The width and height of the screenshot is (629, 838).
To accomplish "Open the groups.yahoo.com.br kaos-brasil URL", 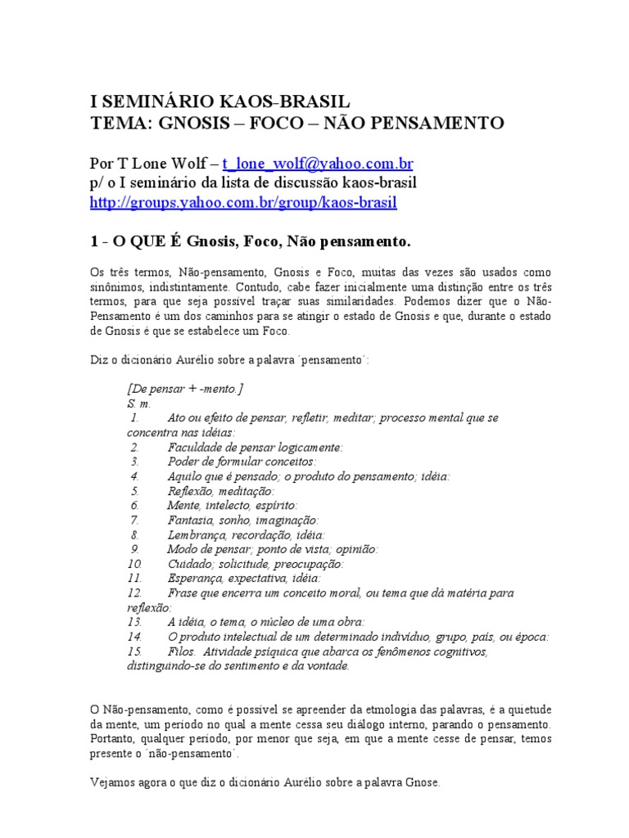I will point(243,202).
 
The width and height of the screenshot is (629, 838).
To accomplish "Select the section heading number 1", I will point(94,243).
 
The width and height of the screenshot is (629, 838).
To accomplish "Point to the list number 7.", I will point(133,520).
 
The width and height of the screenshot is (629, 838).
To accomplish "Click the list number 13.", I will point(134,623).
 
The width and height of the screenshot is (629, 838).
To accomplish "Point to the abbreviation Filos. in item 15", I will point(181,652).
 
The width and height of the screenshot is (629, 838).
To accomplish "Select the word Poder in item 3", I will point(182,462).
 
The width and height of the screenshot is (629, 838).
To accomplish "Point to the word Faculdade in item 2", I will point(194,447).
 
